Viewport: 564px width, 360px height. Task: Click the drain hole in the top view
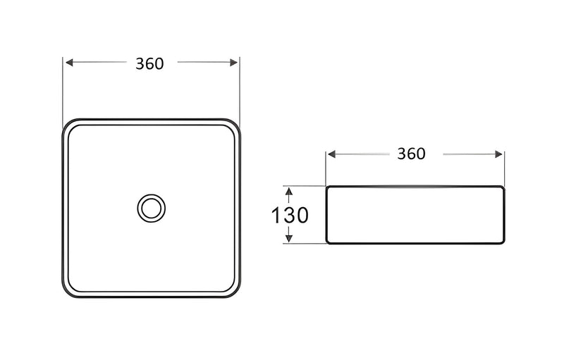[x=151, y=208]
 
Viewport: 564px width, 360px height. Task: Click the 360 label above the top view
[x=149, y=63]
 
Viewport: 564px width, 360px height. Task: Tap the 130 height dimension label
[x=290, y=215]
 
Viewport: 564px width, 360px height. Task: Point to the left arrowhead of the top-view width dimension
[x=68, y=63]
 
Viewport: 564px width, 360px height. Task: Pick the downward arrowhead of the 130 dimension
[x=288, y=240]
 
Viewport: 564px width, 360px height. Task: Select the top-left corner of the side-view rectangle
[x=328, y=187]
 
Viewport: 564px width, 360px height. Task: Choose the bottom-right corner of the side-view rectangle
[x=503, y=242]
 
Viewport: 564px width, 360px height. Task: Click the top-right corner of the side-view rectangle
[x=503, y=187]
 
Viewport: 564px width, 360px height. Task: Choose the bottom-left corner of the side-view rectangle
[x=328, y=242]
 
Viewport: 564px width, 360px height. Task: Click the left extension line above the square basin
[x=63, y=88]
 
